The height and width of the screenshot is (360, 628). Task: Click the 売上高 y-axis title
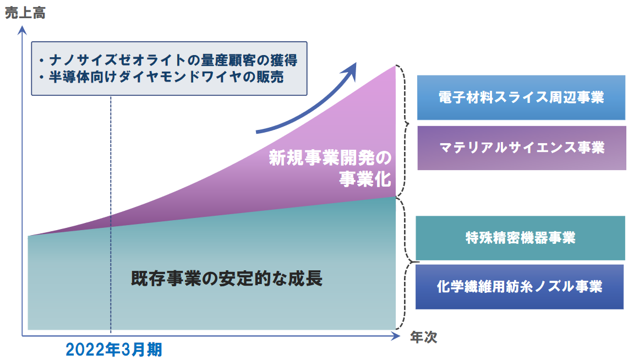[25, 13]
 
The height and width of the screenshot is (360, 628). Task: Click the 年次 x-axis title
[423, 337]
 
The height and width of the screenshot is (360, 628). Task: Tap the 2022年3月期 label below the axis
[114, 350]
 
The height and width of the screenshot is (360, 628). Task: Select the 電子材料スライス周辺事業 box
[521, 97]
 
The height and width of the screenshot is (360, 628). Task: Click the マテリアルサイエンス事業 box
[521, 148]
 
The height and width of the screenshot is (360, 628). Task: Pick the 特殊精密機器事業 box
[520, 238]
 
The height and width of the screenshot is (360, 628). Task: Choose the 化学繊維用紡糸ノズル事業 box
[520, 287]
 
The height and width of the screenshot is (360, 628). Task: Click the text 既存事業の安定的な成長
[227, 279]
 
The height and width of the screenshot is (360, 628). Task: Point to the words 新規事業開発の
[330, 158]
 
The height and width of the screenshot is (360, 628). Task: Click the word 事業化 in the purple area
[365, 179]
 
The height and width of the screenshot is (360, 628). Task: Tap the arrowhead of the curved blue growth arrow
[350, 71]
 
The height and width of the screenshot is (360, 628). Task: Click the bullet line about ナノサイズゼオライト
[168, 60]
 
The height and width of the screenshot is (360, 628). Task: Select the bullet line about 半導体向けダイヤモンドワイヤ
[161, 77]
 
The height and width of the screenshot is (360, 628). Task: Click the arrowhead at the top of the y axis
[23, 30]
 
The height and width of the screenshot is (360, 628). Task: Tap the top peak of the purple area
[395, 66]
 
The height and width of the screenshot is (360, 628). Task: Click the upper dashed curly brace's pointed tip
[408, 124]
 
